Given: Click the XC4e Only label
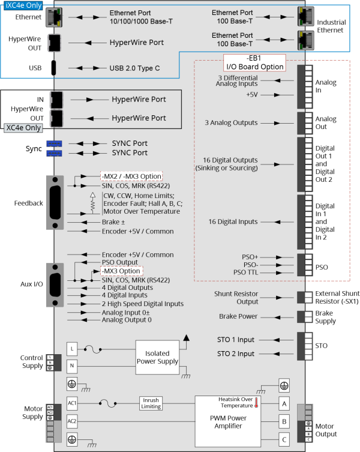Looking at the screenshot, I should click(23, 128).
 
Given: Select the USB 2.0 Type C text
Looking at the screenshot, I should click(134, 68).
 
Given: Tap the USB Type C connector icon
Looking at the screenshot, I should click(53, 68).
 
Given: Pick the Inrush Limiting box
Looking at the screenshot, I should click(151, 403).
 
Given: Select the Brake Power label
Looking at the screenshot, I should click(238, 316).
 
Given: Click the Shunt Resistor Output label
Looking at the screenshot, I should click(236, 298).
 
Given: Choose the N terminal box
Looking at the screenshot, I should click(72, 365).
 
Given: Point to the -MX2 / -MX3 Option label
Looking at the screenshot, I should click(131, 176).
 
